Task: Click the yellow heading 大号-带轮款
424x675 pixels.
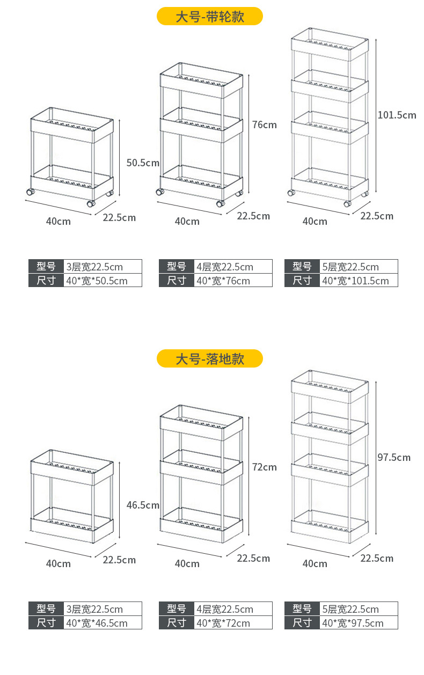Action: click(x=210, y=17)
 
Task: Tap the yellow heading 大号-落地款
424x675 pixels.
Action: click(x=210, y=358)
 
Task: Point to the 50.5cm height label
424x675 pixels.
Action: click(x=143, y=163)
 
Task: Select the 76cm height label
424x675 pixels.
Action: click(x=265, y=125)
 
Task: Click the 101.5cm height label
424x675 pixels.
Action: click(x=397, y=115)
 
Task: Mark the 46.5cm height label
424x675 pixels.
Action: click(x=143, y=505)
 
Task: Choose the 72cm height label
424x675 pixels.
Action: click(x=265, y=467)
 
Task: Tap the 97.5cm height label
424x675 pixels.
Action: click(x=394, y=457)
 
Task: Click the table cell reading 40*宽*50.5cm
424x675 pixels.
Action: click(x=103, y=281)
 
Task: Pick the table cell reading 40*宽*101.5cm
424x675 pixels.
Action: click(x=359, y=281)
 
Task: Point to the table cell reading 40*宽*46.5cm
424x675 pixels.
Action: click(x=103, y=623)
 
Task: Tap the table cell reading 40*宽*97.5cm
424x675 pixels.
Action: click(x=359, y=623)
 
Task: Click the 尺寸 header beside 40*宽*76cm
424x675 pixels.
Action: click(x=176, y=281)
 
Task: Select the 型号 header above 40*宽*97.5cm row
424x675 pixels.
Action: click(x=302, y=609)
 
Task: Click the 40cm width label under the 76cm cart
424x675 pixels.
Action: click(x=187, y=221)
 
